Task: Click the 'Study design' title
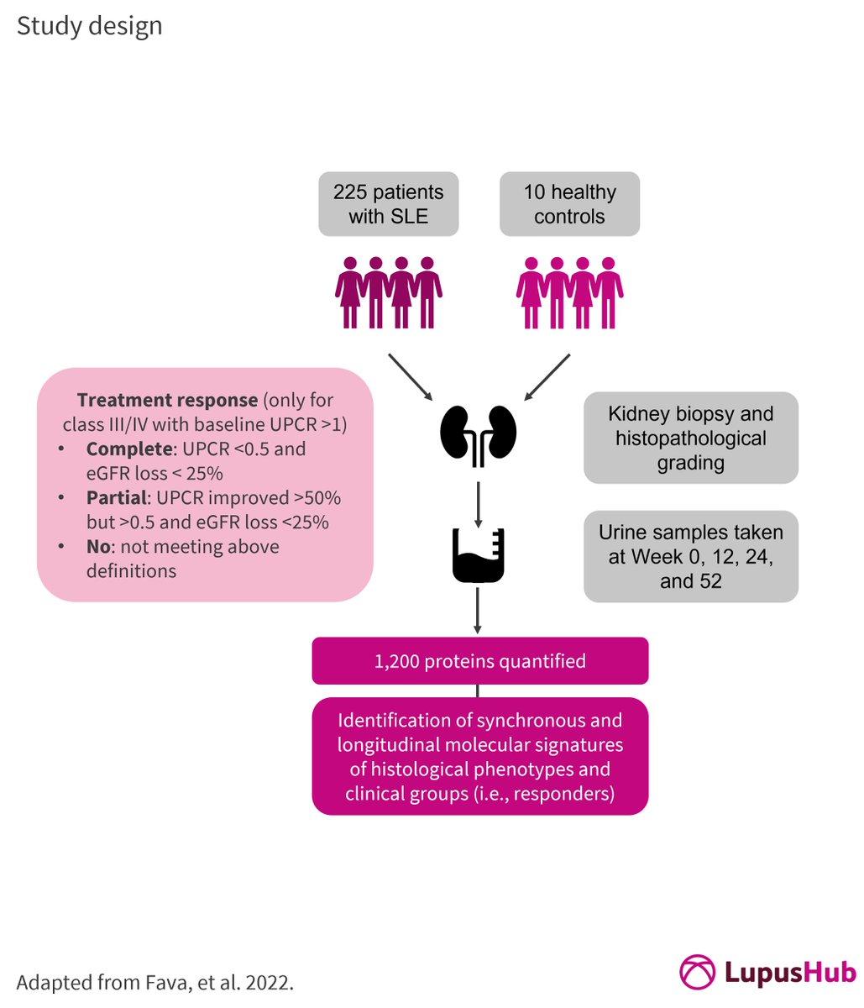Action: click(89, 27)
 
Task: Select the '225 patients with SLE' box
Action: click(388, 204)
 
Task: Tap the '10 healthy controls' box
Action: click(569, 204)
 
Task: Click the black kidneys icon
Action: click(478, 435)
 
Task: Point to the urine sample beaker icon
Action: click(478, 555)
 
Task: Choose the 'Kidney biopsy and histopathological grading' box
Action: click(690, 438)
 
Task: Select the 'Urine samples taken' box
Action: click(690, 556)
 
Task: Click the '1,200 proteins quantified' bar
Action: click(479, 661)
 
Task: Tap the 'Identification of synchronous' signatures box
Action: click(479, 756)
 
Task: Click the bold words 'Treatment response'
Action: click(167, 400)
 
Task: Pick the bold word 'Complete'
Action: click(129, 449)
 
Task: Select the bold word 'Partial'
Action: click(117, 497)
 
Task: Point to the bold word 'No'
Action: click(98, 546)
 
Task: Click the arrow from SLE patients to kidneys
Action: click(411, 377)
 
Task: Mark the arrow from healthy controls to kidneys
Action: click(547, 377)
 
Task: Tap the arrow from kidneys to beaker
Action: click(478, 504)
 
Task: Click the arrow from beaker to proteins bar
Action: click(478, 611)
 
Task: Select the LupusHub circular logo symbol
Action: click(698, 972)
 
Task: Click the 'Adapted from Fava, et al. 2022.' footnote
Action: click(155, 983)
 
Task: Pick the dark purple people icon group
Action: click(389, 292)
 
